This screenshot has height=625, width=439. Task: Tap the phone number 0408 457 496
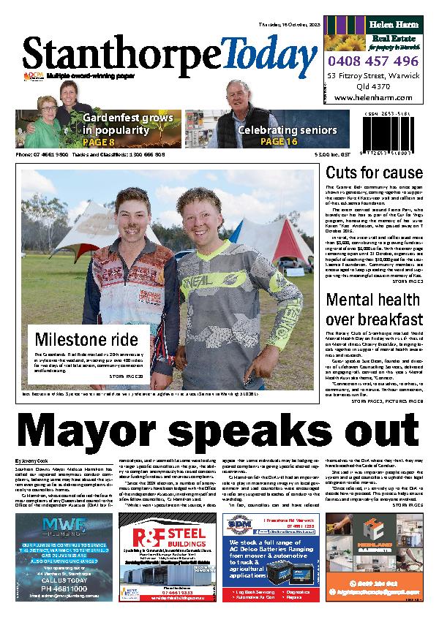373,61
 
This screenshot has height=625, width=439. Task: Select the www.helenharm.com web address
373,98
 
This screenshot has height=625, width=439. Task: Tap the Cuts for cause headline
374,174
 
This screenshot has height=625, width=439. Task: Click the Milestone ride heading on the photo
86,339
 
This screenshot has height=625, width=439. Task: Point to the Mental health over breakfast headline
374,309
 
